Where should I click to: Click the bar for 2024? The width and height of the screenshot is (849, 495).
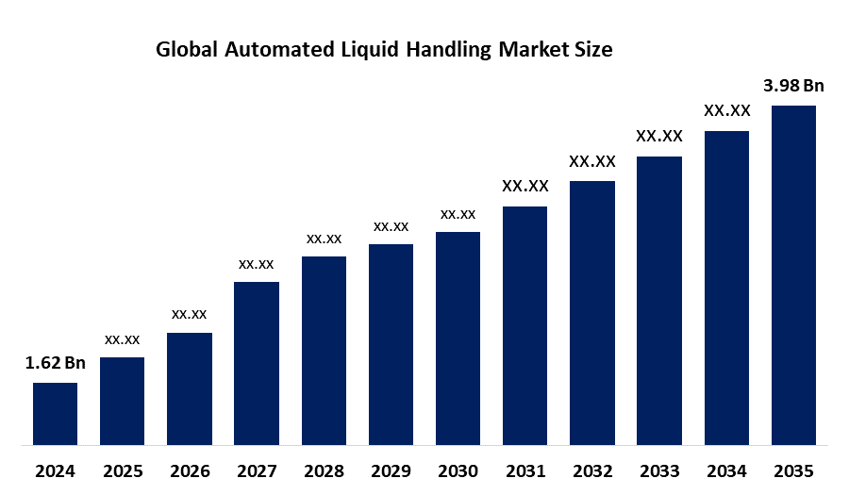click(x=55, y=413)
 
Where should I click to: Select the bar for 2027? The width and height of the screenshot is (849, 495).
click(x=257, y=363)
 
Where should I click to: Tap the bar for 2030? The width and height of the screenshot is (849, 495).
click(x=458, y=338)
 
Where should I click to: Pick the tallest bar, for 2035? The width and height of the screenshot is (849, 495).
click(x=793, y=274)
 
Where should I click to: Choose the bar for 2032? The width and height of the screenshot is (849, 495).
click(x=592, y=312)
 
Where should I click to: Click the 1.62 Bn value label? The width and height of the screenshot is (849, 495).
click(x=55, y=364)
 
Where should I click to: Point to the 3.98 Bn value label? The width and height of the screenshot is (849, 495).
click(x=793, y=86)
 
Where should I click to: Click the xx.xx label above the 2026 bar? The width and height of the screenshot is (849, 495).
click(x=189, y=314)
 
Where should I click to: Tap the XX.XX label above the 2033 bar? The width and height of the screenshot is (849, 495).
click(x=659, y=137)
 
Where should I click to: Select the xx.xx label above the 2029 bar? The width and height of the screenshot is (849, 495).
click(x=391, y=226)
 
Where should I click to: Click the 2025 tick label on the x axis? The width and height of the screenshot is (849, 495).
click(x=122, y=470)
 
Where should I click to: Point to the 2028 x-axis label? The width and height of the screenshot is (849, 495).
click(x=324, y=470)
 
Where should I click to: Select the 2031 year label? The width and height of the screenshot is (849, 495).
click(x=524, y=470)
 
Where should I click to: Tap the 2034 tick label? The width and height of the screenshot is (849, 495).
click(x=726, y=470)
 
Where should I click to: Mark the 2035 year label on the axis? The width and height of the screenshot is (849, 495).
click(x=793, y=470)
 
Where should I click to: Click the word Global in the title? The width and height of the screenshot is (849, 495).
click(x=185, y=51)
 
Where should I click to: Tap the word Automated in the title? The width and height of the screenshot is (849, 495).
click(x=269, y=51)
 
